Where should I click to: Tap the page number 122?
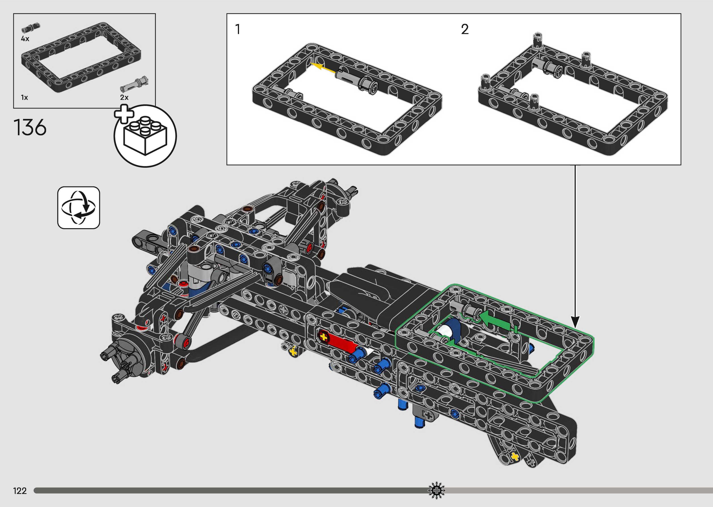pyautogui.click(x=20, y=491)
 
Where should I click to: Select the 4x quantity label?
pyautogui.click(x=25, y=39)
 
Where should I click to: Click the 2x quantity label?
pyautogui.click(x=124, y=97)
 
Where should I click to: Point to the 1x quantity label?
pyautogui.click(x=24, y=98)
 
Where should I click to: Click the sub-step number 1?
pyautogui.click(x=238, y=29)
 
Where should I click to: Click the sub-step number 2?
pyautogui.click(x=465, y=29)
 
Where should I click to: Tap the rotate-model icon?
pyautogui.click(x=79, y=208)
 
